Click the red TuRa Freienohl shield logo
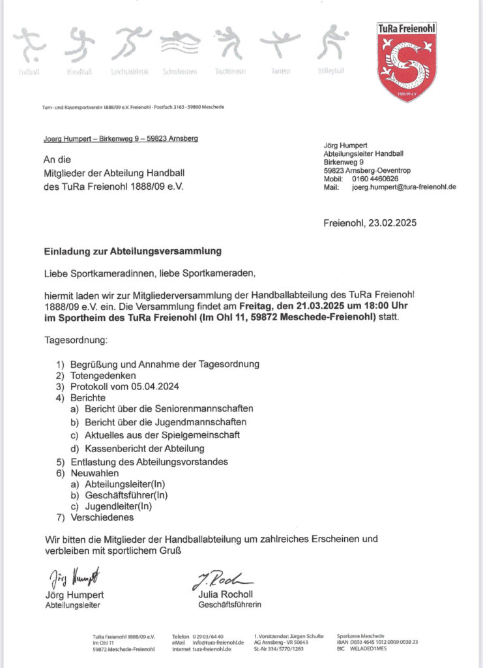point(407,62)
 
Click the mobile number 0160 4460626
point(375,178)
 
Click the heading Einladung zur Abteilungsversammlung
point(133,250)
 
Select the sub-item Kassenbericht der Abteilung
point(145,448)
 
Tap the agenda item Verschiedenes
point(102,517)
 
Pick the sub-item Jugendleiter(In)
point(118,506)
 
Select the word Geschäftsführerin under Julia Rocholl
point(229,605)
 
